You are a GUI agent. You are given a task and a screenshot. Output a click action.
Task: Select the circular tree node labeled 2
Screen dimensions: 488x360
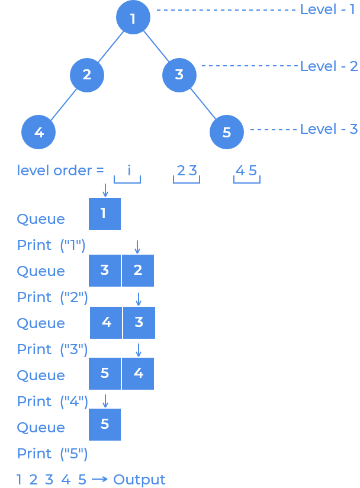pos(87,75)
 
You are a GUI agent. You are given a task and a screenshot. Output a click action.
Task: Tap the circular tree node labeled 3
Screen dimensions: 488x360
pos(179,75)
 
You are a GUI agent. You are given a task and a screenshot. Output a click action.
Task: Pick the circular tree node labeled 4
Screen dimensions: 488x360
pos(38,132)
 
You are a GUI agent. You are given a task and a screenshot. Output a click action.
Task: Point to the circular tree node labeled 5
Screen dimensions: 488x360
pos(227,132)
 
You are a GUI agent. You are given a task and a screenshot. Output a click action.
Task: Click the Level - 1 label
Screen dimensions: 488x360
pos(327,9)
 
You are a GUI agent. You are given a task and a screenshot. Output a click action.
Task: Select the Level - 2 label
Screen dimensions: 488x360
pos(329,66)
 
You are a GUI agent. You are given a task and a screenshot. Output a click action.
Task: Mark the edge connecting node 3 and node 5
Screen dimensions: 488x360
pos(203,104)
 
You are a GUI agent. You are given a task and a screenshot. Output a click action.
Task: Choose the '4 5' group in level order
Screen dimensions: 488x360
pos(246,171)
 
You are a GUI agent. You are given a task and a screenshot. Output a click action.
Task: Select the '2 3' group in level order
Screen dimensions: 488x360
pos(187,171)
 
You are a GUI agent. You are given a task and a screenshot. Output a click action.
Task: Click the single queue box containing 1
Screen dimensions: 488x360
pos(105,214)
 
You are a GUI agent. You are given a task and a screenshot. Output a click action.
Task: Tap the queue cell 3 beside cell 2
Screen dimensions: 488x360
pos(105,271)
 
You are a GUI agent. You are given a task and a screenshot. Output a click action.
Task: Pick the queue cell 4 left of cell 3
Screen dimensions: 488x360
pos(107,323)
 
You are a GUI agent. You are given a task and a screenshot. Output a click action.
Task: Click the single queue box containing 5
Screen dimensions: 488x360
pos(105,425)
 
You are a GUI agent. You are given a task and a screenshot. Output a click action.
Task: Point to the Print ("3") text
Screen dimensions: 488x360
pos(52,349)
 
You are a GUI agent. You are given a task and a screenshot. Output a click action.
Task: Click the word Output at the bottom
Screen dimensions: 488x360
pos(139,480)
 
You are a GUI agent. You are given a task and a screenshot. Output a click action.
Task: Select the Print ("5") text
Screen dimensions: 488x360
pos(52,454)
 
